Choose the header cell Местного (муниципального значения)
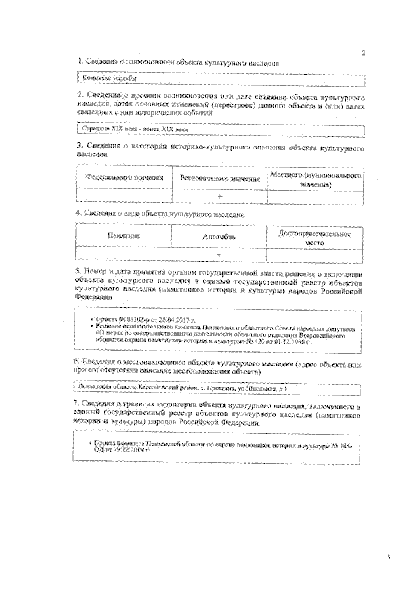[316, 180]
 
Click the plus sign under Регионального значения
[219, 195]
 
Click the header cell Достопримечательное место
[315, 237]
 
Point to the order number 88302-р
[132, 317]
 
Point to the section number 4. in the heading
[79, 213]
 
